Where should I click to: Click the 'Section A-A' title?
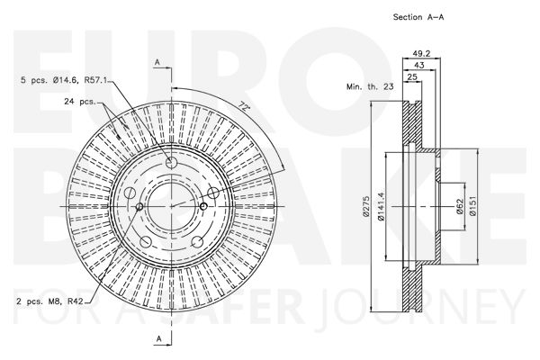(x=418, y=17)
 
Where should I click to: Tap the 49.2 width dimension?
(x=421, y=53)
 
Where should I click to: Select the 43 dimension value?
(x=419, y=65)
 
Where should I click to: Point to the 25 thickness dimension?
(x=412, y=76)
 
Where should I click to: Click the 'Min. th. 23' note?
(x=370, y=86)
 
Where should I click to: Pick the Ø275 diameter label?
(x=365, y=206)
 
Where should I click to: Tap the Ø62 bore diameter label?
(x=460, y=206)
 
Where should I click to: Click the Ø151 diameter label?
(x=472, y=206)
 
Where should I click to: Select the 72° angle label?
(x=244, y=105)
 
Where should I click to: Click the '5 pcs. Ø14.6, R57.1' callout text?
(x=65, y=80)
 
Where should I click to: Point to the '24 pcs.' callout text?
(x=79, y=102)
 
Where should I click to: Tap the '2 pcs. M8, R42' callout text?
(x=49, y=301)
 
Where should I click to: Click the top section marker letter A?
(x=157, y=62)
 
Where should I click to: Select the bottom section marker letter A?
(x=158, y=338)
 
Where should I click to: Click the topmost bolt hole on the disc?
(x=171, y=163)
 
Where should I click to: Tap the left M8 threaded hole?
(x=139, y=206)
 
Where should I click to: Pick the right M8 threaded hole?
(x=203, y=206)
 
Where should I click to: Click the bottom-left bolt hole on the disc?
(x=146, y=241)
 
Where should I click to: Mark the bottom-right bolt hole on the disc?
(x=197, y=241)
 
